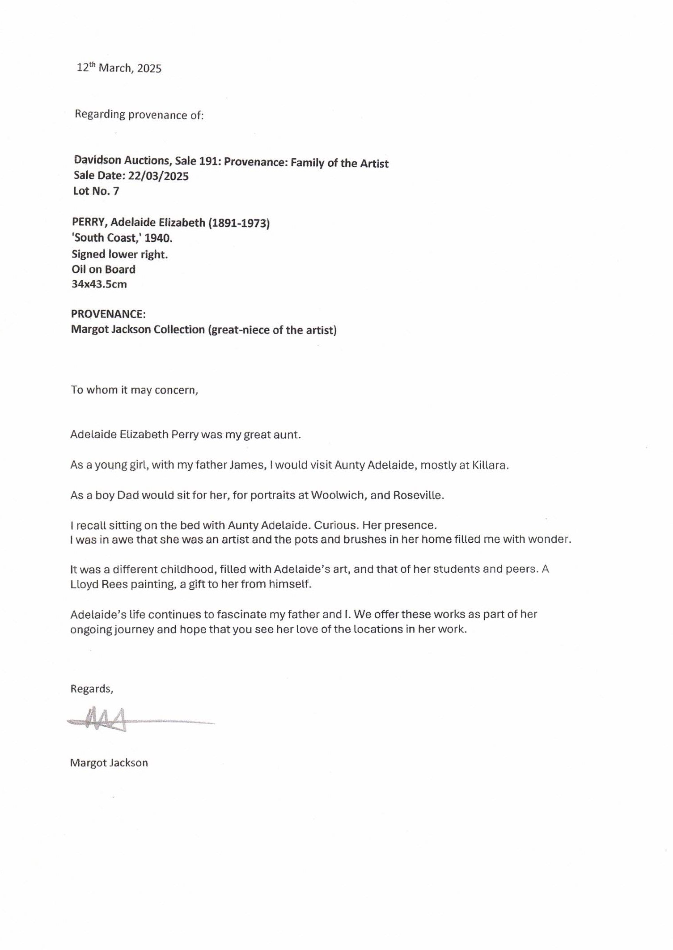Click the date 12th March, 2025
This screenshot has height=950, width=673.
click(119, 68)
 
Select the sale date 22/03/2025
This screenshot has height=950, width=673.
click(158, 176)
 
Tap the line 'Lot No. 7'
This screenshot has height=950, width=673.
click(96, 191)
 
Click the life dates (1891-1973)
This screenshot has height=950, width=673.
click(239, 223)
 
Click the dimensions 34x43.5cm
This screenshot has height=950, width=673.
click(99, 284)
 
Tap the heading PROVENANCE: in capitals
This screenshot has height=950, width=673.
click(108, 314)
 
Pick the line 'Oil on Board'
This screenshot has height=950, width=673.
click(103, 270)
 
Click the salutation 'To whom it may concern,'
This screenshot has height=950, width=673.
click(134, 390)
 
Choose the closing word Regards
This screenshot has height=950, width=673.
click(91, 689)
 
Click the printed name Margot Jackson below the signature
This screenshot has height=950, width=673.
click(109, 763)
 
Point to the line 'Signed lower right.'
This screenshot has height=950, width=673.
click(120, 254)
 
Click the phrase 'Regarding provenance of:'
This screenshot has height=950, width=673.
click(139, 115)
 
